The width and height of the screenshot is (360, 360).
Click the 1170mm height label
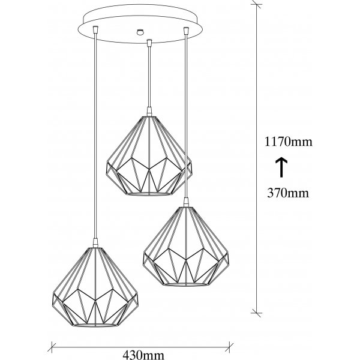(x=289, y=142)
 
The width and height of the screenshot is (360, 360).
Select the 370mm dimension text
(x=288, y=193)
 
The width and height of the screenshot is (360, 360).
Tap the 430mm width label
(x=143, y=355)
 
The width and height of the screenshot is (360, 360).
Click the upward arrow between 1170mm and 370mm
(x=281, y=167)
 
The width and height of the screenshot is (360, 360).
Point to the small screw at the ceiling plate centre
(x=140, y=32)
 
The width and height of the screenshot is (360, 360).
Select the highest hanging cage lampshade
(x=149, y=156)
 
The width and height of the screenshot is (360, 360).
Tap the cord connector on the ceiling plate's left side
(x=95, y=29)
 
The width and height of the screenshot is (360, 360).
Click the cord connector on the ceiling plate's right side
(x=186, y=31)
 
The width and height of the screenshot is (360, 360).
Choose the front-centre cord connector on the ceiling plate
(x=149, y=42)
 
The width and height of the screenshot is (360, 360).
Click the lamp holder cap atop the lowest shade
(x=95, y=243)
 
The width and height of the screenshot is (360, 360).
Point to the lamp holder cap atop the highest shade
(x=149, y=112)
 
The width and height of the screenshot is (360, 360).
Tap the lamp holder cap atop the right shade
(x=186, y=202)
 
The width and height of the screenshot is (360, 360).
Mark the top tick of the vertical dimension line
(x=256, y=4)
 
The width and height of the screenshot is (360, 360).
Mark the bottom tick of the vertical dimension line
(x=256, y=313)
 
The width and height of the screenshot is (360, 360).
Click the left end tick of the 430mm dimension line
(x=52, y=347)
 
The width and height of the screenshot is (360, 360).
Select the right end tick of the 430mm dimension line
(x=229, y=347)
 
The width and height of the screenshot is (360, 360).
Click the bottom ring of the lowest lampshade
(x=95, y=325)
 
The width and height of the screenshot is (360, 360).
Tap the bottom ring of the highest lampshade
(x=149, y=194)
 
